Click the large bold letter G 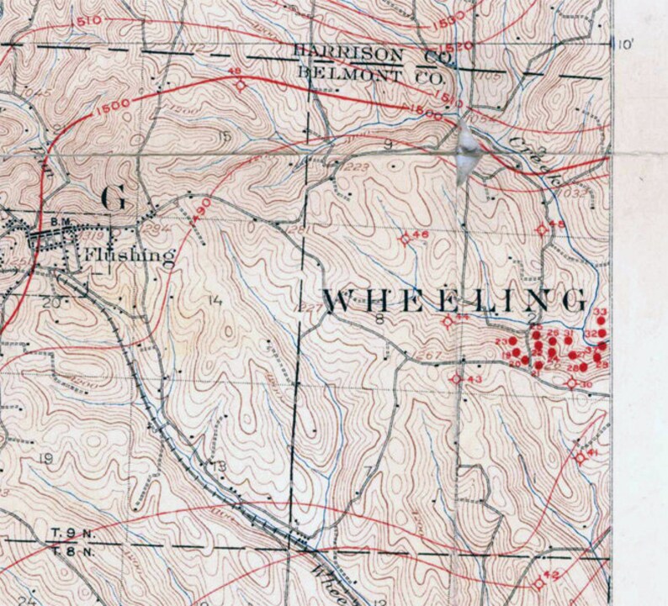click(114, 198)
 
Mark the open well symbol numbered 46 click(405, 239)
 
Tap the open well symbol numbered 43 click(456, 379)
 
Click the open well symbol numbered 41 click(579, 458)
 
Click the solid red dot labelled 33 click(602, 322)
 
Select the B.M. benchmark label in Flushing click(59, 221)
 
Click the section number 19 click(45, 458)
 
